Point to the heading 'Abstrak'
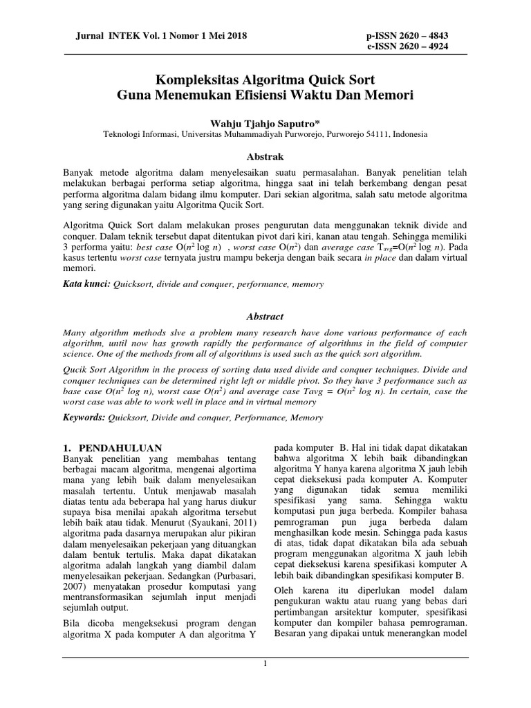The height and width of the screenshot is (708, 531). [265, 157]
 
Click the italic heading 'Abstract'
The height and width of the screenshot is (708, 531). [265, 316]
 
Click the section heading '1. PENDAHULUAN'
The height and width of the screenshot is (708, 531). [111, 448]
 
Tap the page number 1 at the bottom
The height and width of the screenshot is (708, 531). [265, 664]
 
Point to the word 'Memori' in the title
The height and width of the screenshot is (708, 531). [389, 93]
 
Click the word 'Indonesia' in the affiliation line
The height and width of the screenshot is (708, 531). [409, 135]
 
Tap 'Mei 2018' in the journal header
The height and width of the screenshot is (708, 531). [227, 35]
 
